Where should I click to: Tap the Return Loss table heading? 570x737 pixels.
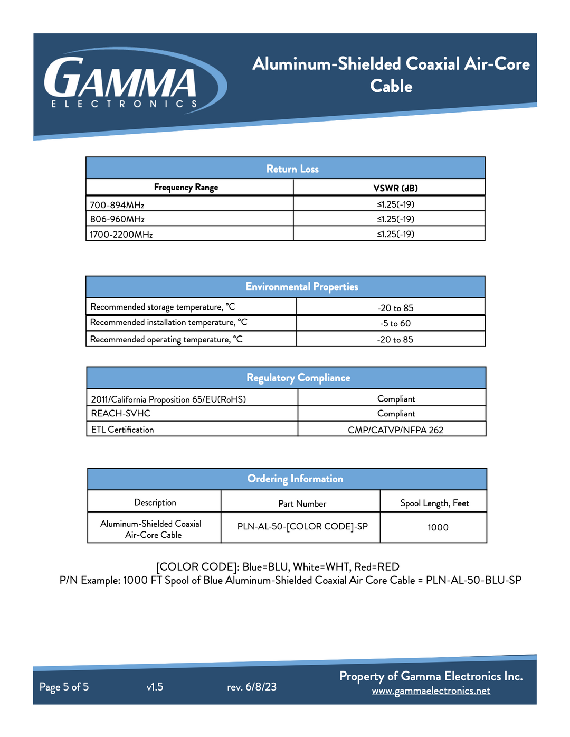coord(292,169)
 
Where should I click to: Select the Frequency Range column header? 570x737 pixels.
coord(186,188)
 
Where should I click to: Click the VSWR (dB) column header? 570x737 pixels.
coord(395,188)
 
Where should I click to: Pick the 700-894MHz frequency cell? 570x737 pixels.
coord(117,205)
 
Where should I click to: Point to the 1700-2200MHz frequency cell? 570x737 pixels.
coord(121,235)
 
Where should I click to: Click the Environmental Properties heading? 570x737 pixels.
coord(301,287)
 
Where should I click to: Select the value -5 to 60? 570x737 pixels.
coord(395,323)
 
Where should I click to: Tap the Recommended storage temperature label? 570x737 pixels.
coord(163,307)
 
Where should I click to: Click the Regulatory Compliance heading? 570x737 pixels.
coord(298,378)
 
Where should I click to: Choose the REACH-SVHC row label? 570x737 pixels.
coord(121,414)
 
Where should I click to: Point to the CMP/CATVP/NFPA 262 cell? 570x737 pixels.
coord(395,430)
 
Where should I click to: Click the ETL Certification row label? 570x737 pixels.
coord(122,430)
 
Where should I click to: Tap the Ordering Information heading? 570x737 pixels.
coord(295,479)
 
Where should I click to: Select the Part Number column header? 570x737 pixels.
coord(302,503)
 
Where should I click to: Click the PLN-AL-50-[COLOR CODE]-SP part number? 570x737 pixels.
coord(302,527)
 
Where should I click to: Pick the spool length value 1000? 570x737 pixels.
coord(438,527)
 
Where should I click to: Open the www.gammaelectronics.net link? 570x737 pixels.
coord(431,691)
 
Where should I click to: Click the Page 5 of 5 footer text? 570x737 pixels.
coord(64,687)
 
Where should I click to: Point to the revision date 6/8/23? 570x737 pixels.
coord(261,687)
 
